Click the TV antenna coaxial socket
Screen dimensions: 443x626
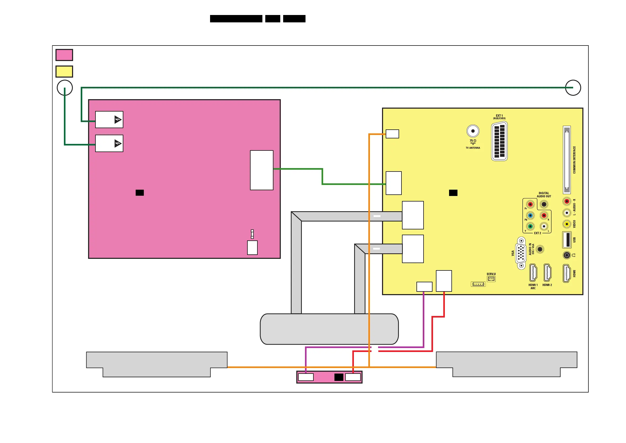(473, 131)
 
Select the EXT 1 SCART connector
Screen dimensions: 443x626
(499, 141)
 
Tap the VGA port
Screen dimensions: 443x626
(521, 253)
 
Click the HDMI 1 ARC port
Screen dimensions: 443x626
(533, 273)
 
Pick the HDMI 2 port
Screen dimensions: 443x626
(547, 273)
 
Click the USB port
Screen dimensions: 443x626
(567, 240)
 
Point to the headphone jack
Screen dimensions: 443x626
(567, 255)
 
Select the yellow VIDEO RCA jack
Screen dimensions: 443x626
(567, 224)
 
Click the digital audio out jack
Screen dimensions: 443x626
(544, 204)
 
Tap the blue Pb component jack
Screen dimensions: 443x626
(530, 215)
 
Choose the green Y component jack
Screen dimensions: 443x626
(530, 226)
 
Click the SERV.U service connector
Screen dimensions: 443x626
(491, 279)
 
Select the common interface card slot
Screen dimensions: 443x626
(567, 160)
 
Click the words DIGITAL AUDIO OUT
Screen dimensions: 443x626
(544, 194)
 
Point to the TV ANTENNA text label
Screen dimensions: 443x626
(473, 148)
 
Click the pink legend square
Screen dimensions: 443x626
(64, 55)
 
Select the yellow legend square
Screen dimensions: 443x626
(64, 72)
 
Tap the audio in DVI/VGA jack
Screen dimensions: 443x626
(540, 249)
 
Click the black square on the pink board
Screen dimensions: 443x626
(140, 193)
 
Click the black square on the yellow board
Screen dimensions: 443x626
(453, 193)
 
